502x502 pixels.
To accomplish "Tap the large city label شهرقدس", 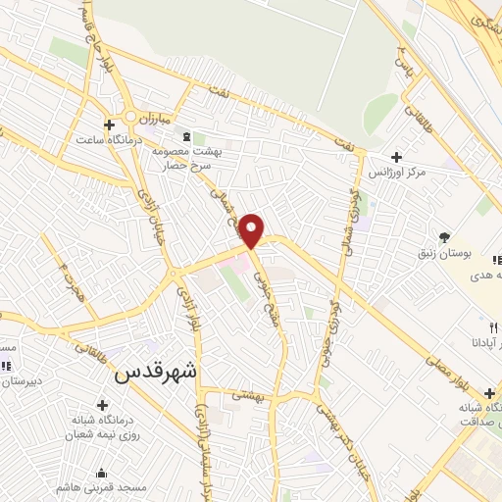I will [x=156, y=373].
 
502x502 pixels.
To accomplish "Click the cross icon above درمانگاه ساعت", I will [x=109, y=123].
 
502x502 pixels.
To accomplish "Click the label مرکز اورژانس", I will [x=399, y=173].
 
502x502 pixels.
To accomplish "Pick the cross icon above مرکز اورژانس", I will [x=396, y=157].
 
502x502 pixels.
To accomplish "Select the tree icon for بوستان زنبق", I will [x=445, y=236].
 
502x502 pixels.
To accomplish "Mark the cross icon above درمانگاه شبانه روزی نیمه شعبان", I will [x=103, y=404].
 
